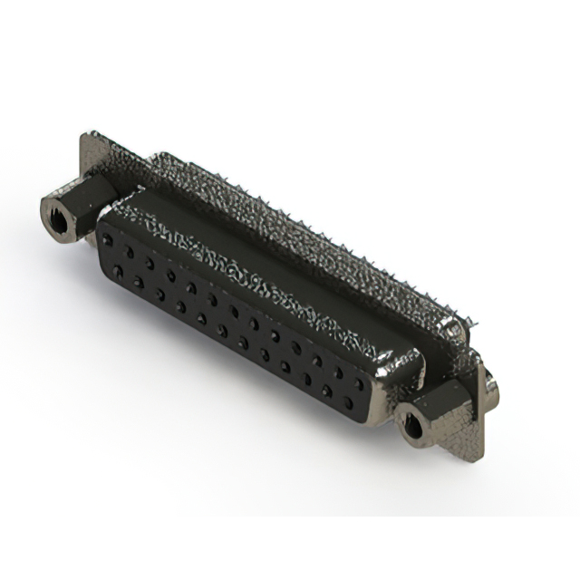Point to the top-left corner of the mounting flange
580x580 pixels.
tap(85, 136)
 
